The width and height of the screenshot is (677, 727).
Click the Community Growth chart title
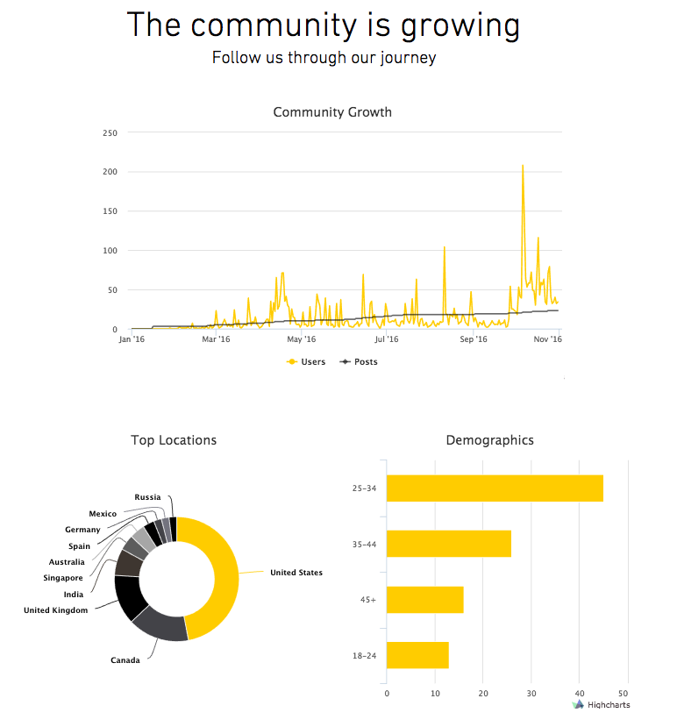click(x=332, y=112)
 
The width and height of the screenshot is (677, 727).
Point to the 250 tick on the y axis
click(x=110, y=132)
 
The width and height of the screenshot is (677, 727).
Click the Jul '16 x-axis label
click(x=387, y=339)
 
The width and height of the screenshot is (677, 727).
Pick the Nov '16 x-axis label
click(x=548, y=339)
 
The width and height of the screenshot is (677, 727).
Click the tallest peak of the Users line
click(x=523, y=166)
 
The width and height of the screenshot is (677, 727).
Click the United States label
click(x=296, y=573)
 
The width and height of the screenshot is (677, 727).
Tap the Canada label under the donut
click(x=125, y=660)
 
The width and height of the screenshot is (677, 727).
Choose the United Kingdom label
click(x=55, y=610)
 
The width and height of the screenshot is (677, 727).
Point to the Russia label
click(x=147, y=497)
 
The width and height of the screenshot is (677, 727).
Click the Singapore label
click(x=63, y=578)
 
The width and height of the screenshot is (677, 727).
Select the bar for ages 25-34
click(x=495, y=488)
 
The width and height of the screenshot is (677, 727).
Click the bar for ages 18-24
click(x=417, y=655)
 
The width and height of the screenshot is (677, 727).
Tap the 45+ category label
click(x=368, y=600)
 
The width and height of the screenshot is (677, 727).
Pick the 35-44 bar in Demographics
click(x=448, y=544)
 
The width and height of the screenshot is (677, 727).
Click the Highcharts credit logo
click(x=601, y=704)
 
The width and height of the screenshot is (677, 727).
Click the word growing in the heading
click(x=460, y=25)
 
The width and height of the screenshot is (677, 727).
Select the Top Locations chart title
click(x=174, y=440)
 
